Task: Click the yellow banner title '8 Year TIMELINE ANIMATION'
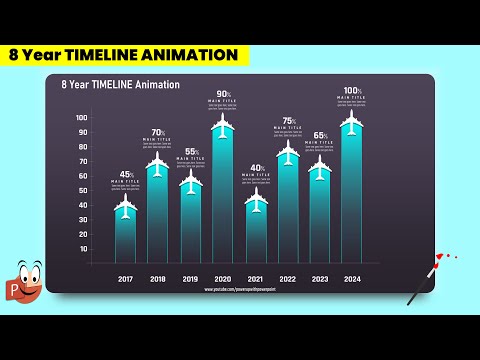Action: (x=123, y=55)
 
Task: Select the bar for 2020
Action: (x=223, y=200)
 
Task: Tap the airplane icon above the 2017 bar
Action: (x=125, y=207)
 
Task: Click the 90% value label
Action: (x=223, y=94)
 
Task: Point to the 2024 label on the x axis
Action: (x=351, y=279)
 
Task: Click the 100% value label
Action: (x=351, y=91)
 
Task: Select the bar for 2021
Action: (x=256, y=235)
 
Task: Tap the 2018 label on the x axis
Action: (x=158, y=279)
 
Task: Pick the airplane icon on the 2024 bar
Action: (x=351, y=122)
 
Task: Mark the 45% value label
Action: (x=125, y=175)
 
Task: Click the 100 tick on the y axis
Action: (x=82, y=118)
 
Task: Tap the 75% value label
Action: (x=288, y=120)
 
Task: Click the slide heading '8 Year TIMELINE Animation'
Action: (x=120, y=85)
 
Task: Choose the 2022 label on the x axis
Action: (x=288, y=279)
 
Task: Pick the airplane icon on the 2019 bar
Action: (x=191, y=182)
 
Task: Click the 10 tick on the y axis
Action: (x=83, y=248)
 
